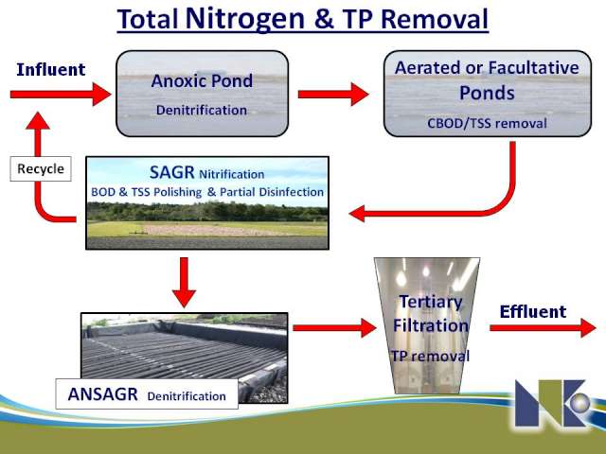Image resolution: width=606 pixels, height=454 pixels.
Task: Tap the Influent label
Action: (50, 69)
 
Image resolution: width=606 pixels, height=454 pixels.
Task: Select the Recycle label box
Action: (41, 168)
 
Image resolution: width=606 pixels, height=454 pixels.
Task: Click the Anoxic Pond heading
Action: (202, 80)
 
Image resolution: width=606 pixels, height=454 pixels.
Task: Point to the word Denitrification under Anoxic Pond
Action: (202, 110)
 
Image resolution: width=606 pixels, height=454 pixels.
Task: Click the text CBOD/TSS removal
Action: (487, 123)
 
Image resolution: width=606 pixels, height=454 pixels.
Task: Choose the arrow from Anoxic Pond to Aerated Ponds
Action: (333, 95)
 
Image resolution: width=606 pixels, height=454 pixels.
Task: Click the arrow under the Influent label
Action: (61, 95)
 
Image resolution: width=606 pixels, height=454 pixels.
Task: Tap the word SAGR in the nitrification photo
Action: (171, 172)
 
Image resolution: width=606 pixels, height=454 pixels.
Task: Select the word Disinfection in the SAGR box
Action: (292, 192)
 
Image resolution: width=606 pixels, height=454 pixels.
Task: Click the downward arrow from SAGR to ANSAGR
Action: (184, 282)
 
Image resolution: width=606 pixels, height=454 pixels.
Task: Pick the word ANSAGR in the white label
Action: (103, 394)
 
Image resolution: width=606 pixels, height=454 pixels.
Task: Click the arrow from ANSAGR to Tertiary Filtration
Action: (334, 328)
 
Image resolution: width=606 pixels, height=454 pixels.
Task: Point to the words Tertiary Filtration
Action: (431, 313)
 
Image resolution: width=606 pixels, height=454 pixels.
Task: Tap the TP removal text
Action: (430, 356)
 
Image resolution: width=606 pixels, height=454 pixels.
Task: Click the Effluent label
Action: (533, 311)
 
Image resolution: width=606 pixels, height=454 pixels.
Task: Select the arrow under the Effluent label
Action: (543, 328)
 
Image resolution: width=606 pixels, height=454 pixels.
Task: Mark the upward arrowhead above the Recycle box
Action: (38, 120)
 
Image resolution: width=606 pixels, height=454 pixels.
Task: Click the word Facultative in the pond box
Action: (534, 68)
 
